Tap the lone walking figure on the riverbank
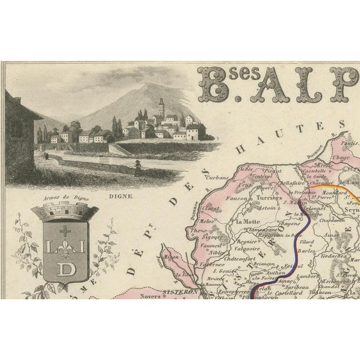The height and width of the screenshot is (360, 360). click(136, 165)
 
